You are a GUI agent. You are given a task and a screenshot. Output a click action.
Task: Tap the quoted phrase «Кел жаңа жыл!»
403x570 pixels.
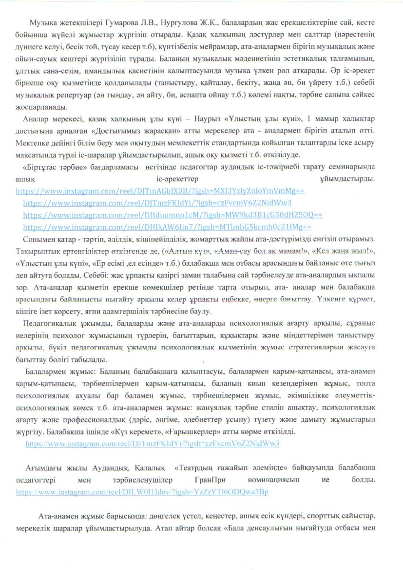pos(324,250)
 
